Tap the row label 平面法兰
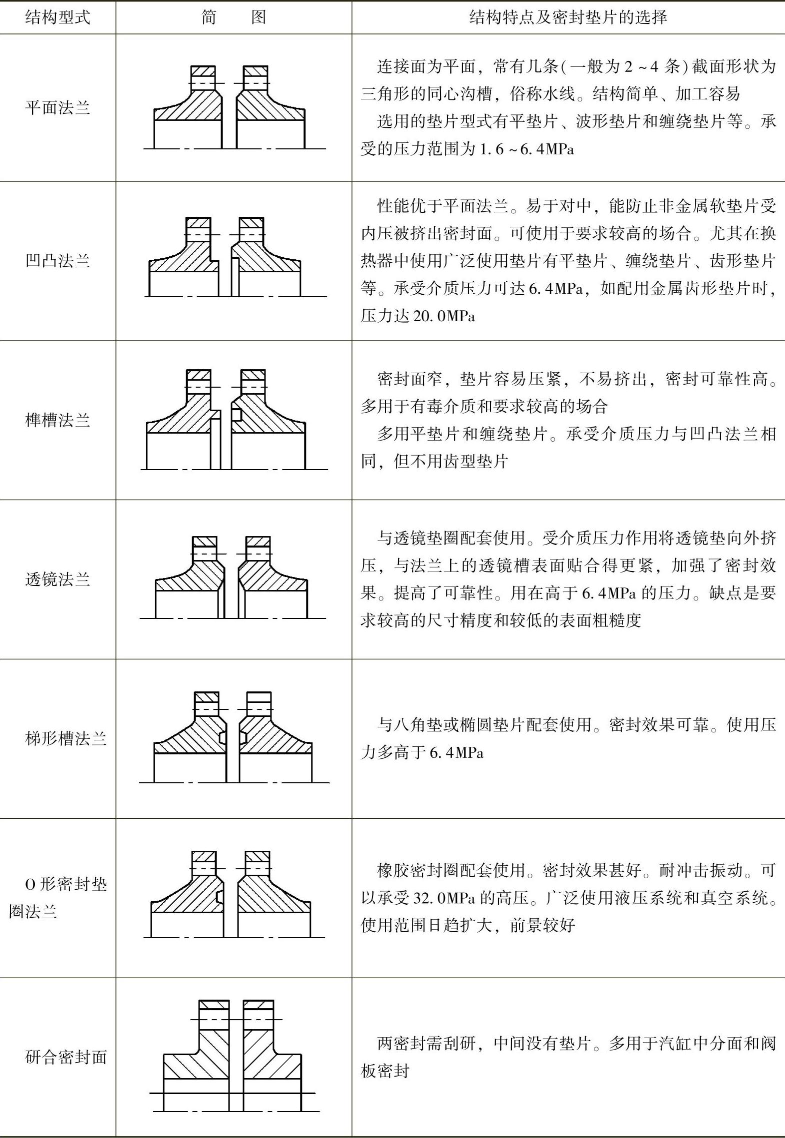click(57, 108)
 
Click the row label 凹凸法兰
click(57, 261)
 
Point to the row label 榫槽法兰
click(57, 420)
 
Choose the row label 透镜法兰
click(57, 579)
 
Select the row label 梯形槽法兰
click(65, 739)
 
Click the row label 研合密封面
click(65, 1057)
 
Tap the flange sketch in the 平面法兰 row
click(233, 108)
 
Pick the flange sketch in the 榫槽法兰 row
click(233, 420)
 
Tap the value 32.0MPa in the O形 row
click(443, 898)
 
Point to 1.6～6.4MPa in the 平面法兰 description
click(526, 149)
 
